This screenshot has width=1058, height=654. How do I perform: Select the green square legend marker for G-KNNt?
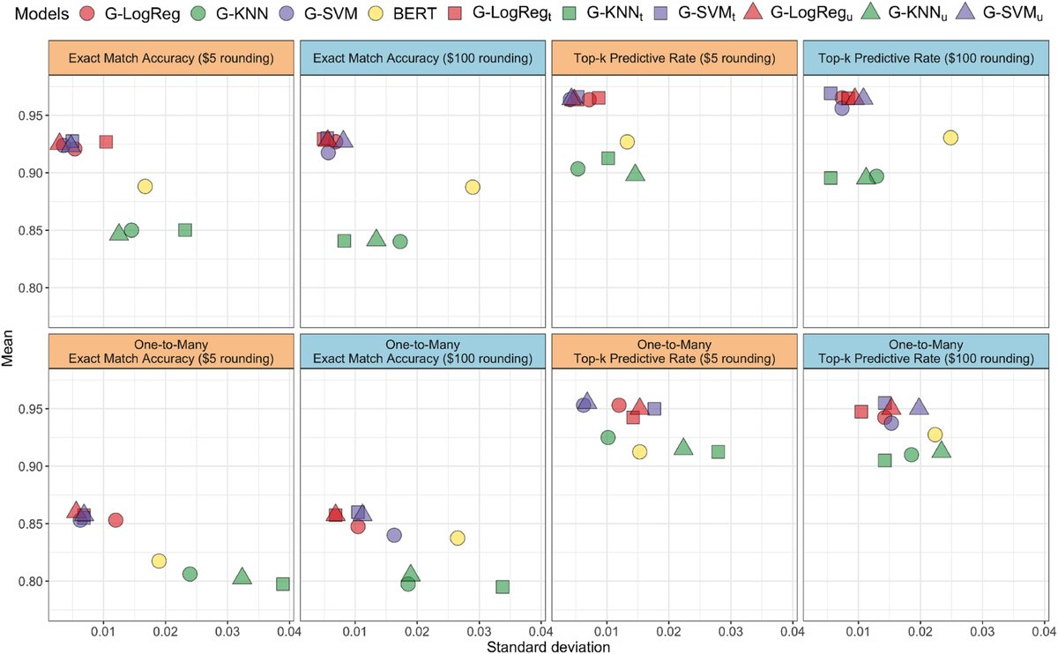(571, 16)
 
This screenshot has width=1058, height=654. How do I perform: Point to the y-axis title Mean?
(11, 333)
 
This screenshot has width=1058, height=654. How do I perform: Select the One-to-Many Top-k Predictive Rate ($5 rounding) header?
(674, 352)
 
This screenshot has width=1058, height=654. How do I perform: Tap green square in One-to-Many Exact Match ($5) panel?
(283, 583)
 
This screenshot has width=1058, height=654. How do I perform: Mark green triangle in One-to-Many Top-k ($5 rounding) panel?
(682, 448)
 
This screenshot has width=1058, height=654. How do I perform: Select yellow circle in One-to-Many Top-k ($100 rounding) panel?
(935, 435)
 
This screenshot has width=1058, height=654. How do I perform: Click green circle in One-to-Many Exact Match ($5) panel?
(190, 574)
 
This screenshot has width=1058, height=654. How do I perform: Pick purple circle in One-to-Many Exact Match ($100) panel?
(394, 535)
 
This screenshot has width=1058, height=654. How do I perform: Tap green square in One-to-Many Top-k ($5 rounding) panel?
(718, 451)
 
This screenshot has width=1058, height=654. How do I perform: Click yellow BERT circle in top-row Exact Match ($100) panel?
(473, 187)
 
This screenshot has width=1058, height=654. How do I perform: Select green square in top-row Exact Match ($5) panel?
(185, 229)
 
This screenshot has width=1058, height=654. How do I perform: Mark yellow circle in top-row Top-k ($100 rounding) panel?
(950, 137)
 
